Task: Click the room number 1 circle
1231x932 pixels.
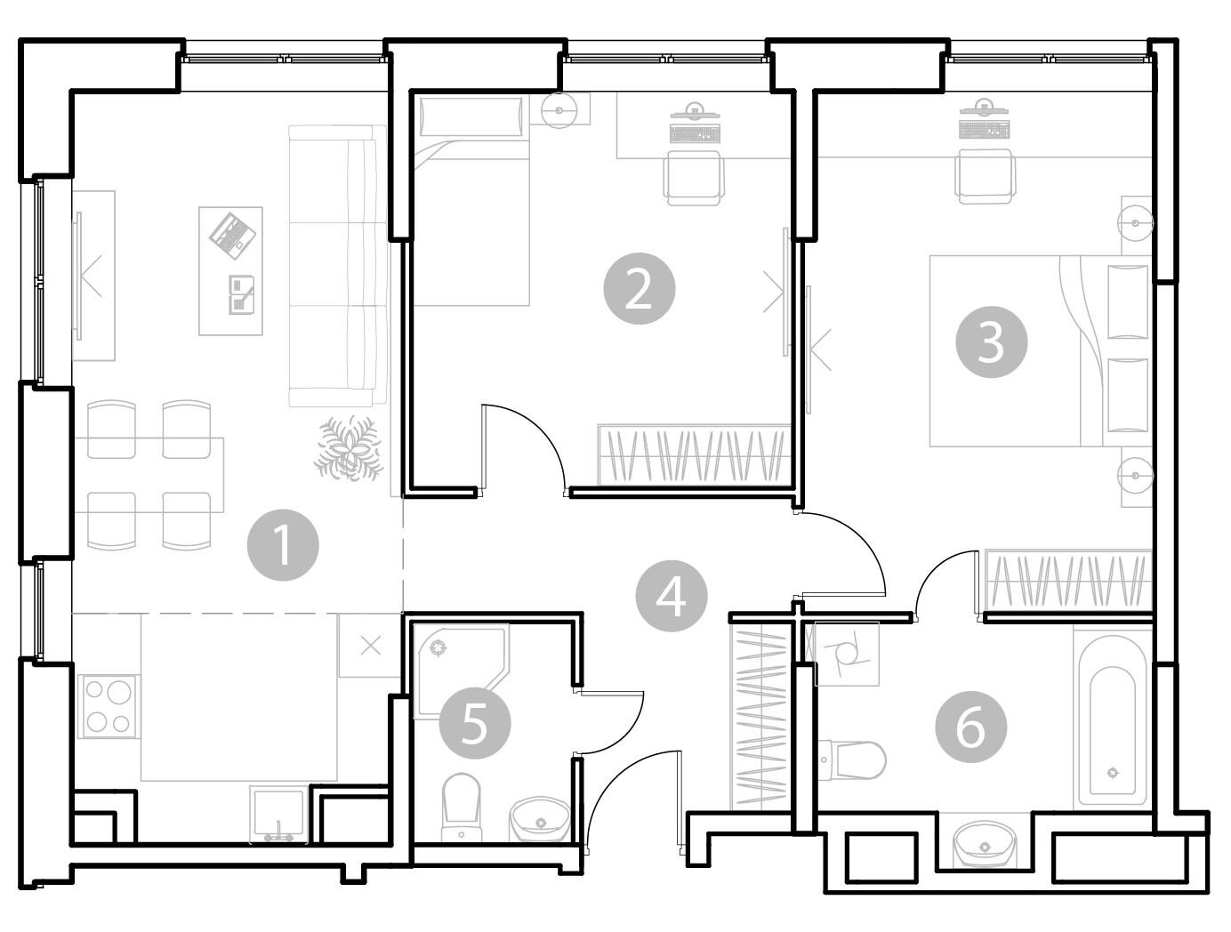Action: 283,544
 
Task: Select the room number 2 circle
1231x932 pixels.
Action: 639,288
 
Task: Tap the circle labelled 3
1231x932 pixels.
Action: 991,341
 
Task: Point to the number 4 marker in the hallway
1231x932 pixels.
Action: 671,596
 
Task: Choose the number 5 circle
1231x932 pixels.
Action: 474,723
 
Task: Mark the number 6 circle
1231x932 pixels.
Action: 970,727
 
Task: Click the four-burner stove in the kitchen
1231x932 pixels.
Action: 109,706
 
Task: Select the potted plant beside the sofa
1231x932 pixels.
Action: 349,447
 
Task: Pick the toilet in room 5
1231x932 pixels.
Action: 461,807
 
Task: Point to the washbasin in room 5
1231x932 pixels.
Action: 540,819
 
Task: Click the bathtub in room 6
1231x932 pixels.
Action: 1112,720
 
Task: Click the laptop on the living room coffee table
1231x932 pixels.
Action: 232,236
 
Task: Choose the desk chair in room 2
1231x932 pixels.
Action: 693,177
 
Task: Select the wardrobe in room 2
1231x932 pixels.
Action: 695,454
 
